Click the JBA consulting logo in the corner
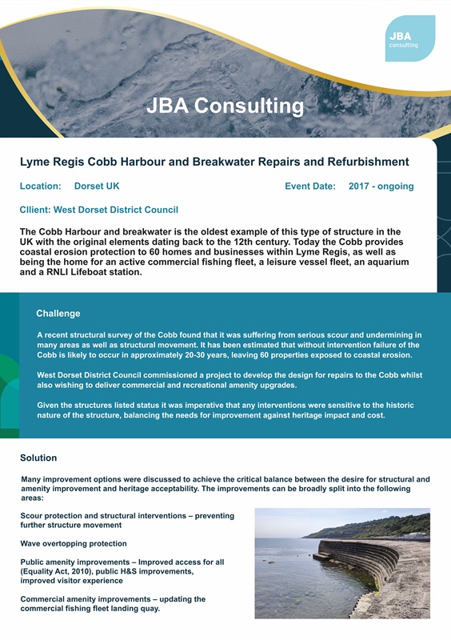409,38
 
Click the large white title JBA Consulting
225,105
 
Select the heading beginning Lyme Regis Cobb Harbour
214,162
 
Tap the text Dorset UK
97,186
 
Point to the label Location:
41,186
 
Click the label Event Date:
310,186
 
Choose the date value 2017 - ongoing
381,186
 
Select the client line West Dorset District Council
99,210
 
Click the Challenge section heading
58,314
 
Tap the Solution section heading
38,458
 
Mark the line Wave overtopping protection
74,544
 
